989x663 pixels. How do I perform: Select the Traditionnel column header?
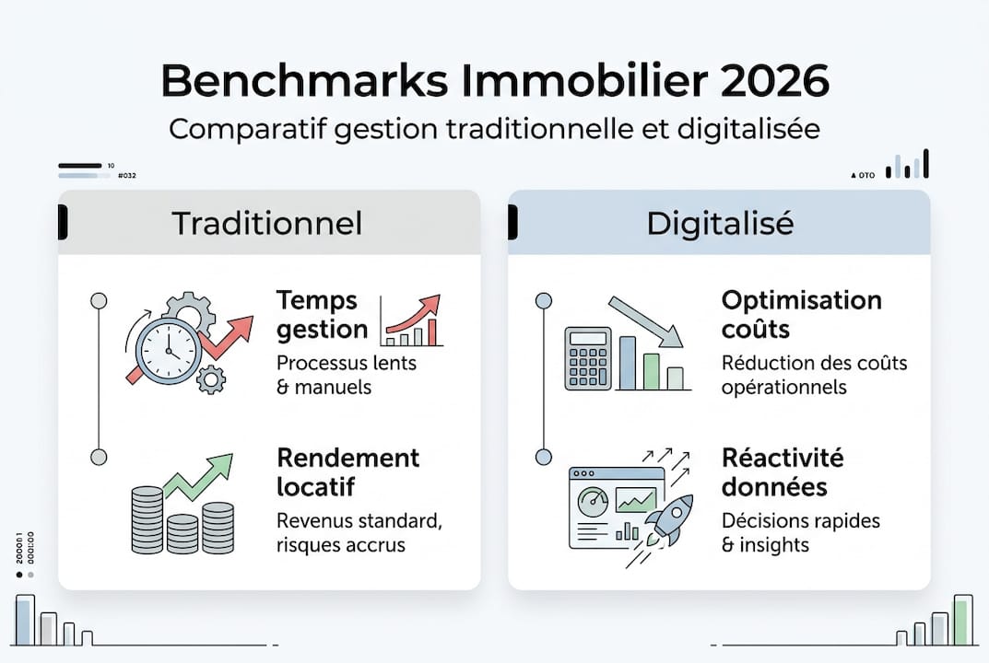267,224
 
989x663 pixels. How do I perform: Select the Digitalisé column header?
719,224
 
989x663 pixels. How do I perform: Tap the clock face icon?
168,351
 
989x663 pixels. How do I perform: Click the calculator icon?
588,360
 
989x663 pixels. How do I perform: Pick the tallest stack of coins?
147,520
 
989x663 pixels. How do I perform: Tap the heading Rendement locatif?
347,471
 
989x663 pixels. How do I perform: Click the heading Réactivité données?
783,471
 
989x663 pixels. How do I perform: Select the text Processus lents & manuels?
346,374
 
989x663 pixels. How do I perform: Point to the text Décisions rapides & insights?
800,532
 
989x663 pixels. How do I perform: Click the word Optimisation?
801,300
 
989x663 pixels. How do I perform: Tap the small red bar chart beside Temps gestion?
412,321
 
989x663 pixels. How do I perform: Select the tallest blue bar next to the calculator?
629,363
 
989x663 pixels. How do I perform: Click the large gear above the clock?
189,314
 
